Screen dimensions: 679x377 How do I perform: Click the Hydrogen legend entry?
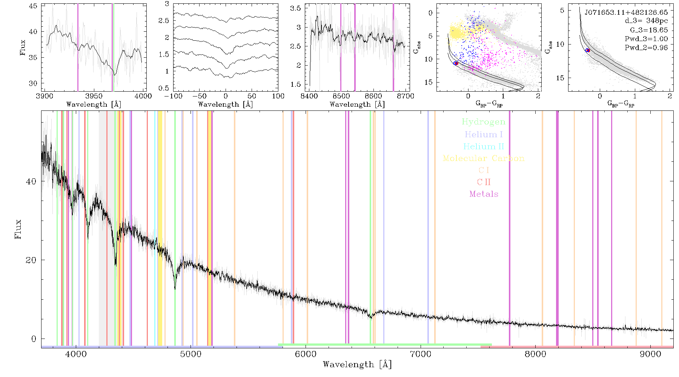[x=483, y=122]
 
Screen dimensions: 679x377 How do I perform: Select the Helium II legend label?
[x=484, y=146]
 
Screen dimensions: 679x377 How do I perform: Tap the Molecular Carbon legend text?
[x=484, y=158]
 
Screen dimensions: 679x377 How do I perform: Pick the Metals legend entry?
[x=484, y=194]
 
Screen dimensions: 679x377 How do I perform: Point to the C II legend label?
[x=484, y=182]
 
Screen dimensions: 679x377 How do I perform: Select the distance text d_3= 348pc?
[x=646, y=21]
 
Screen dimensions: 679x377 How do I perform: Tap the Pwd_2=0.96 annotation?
[x=646, y=48]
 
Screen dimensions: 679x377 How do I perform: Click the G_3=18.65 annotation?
[x=649, y=30]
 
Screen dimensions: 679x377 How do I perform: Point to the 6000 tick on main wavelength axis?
[x=306, y=354]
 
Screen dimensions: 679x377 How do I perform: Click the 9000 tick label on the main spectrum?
[x=650, y=354]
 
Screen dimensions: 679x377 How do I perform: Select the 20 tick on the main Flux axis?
[x=31, y=260]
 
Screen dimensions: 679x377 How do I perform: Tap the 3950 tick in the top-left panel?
[x=94, y=96]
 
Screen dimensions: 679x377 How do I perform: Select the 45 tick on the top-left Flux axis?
[x=33, y=6]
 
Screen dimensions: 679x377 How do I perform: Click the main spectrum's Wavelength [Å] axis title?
[x=357, y=365]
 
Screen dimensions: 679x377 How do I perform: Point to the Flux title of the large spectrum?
[x=18, y=229]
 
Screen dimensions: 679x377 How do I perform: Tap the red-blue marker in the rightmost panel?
[x=587, y=50]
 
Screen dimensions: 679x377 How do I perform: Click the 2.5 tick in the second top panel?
[x=164, y=20]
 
